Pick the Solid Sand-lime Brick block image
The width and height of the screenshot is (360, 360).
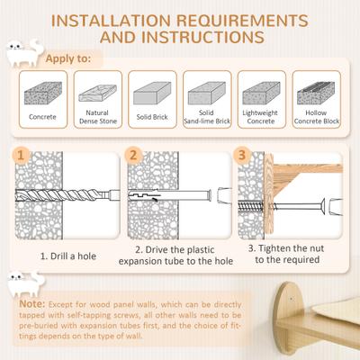point(206,94)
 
